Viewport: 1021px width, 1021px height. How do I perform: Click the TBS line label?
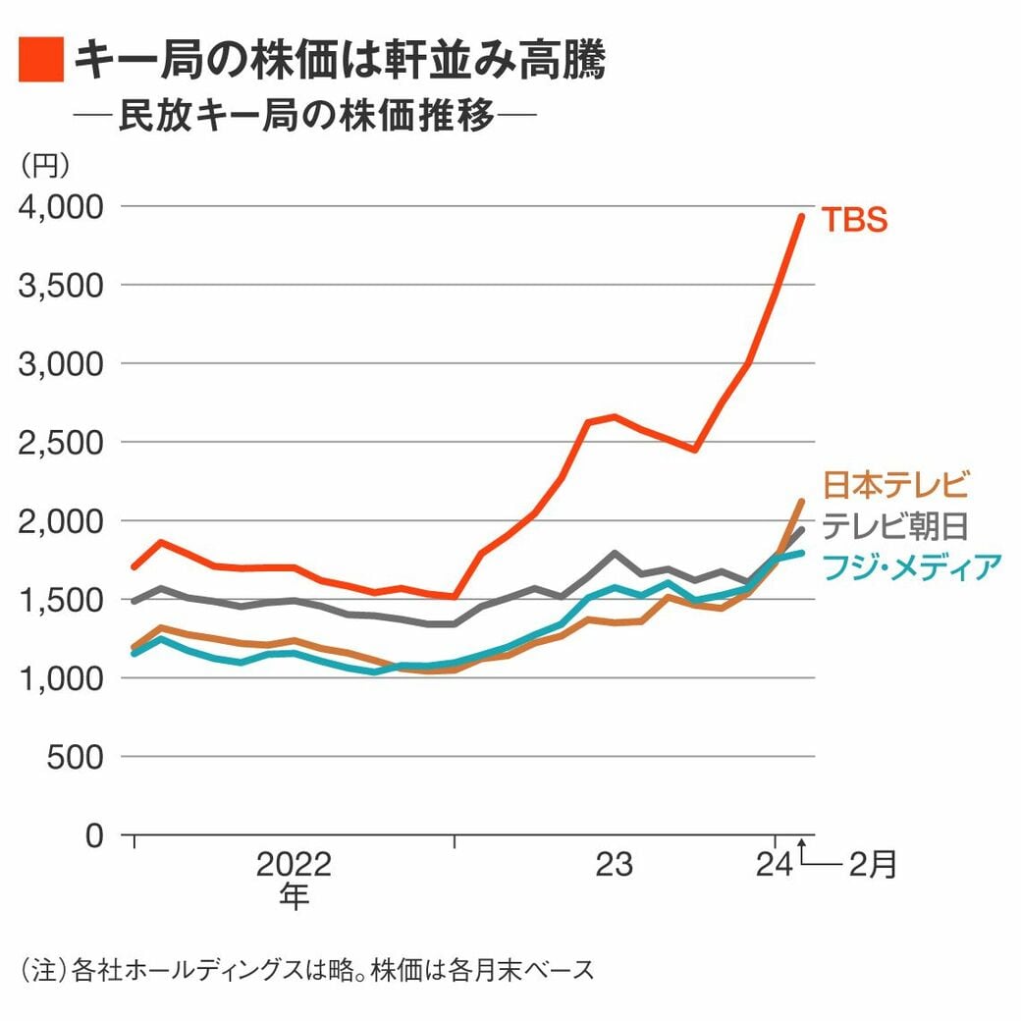[853, 219]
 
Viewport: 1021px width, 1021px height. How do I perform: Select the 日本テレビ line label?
[895, 485]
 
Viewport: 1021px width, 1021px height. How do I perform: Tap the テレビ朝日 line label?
[895, 526]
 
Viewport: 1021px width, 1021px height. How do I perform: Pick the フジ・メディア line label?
[911, 566]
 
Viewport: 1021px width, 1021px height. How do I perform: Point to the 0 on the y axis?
[93, 835]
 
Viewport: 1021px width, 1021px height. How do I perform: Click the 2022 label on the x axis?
[294, 865]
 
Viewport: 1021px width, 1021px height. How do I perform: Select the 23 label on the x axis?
[615, 865]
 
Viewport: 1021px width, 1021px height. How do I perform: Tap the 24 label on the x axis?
[775, 865]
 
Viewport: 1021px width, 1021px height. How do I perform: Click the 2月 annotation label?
[873, 865]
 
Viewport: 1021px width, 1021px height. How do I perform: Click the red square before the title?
[41, 60]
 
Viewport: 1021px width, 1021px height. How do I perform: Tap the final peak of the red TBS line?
[801, 217]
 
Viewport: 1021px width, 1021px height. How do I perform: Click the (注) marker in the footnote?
[43, 970]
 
